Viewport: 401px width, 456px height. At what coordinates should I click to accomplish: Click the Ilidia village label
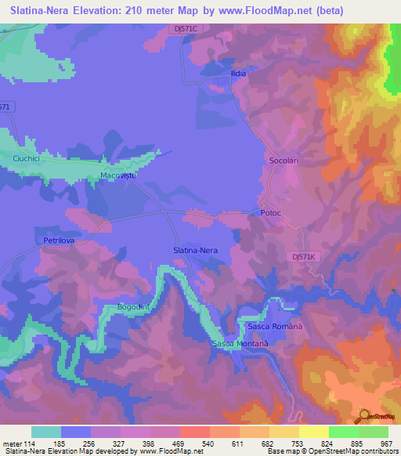(x=238, y=74)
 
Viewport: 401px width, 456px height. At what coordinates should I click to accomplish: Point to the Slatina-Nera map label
(x=200, y=250)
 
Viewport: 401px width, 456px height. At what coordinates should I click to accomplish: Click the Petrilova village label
(x=60, y=241)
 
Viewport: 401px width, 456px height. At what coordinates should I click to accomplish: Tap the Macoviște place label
(x=118, y=176)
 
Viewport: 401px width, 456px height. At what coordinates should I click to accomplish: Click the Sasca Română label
(x=274, y=325)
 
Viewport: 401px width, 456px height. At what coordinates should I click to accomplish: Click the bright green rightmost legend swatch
(x=373, y=432)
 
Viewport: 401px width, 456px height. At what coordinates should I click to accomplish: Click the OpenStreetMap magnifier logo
(x=364, y=415)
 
